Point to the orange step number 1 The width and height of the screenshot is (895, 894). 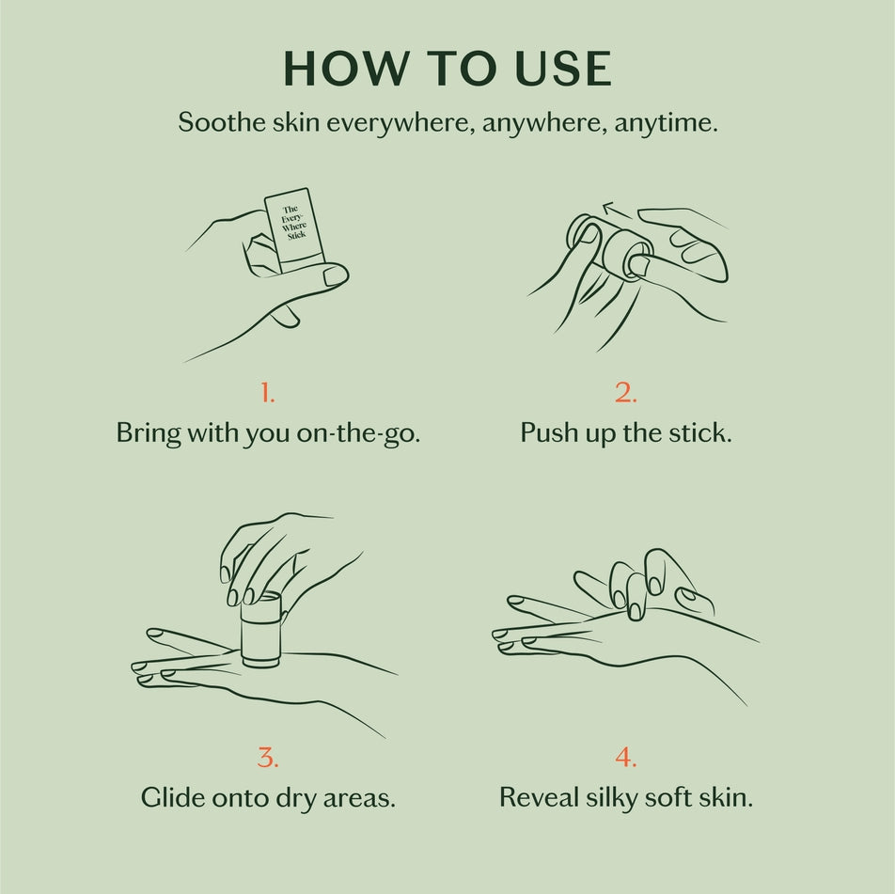point(268,394)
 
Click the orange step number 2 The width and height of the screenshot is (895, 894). point(626,394)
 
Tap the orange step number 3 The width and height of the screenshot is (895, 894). point(268,757)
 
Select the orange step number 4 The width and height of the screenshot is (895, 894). point(626,757)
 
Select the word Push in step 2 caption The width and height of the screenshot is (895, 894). point(549,433)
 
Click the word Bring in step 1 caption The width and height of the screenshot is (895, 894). point(148,433)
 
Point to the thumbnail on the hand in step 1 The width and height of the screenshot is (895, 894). point(335,275)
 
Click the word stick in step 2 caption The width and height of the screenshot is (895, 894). point(699,433)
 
